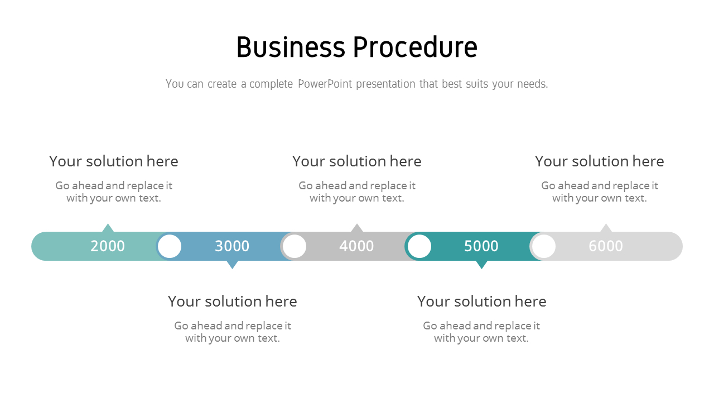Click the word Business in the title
291,47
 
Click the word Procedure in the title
416,47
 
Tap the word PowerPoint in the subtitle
325,84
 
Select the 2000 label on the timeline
108,246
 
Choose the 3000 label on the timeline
232,246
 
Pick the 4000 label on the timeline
356,246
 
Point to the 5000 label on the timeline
481,246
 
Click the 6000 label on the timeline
606,246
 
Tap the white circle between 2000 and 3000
170,246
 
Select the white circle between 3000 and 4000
295,246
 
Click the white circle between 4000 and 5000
419,246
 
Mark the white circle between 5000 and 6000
544,246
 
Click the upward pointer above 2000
108,228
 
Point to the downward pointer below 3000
233,265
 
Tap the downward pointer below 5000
481,265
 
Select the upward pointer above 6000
606,228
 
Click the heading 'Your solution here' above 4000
356,161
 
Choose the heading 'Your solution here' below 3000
233,301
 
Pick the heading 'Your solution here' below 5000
481,301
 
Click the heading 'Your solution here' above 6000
599,161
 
